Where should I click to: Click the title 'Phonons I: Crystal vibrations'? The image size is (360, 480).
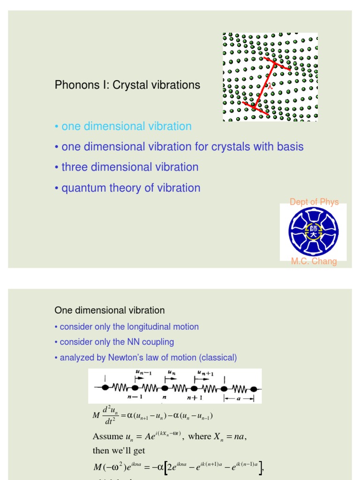(x=127, y=85)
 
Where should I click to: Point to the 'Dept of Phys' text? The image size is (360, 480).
(x=314, y=202)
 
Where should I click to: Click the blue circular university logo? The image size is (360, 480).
(x=314, y=232)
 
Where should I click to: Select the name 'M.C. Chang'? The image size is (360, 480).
(x=314, y=262)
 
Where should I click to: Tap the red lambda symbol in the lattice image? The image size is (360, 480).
(x=270, y=86)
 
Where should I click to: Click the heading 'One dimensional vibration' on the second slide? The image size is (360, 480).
(x=110, y=310)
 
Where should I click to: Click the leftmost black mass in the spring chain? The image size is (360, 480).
(x=105, y=388)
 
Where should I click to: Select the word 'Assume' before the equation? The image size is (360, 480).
(x=108, y=436)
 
